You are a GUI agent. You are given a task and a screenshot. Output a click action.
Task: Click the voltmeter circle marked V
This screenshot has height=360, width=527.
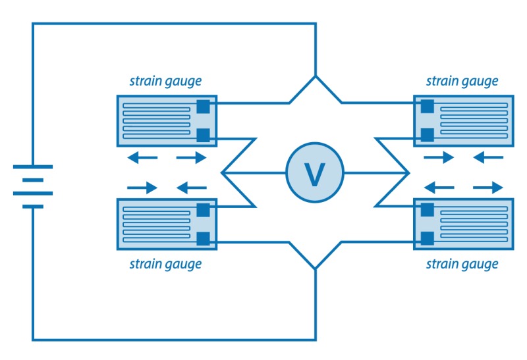pos(315,173)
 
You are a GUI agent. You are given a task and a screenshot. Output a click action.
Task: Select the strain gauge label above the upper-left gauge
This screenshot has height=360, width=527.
pos(165,82)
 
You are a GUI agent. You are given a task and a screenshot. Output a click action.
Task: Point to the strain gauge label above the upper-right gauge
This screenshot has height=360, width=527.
pos(462,82)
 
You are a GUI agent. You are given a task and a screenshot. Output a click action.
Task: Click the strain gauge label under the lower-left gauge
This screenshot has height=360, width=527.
pos(165,264)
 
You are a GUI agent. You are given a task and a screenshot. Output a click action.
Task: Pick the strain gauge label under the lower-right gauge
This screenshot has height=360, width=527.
pos(462,264)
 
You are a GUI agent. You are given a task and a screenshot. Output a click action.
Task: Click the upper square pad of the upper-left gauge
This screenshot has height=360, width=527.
pos(204,105)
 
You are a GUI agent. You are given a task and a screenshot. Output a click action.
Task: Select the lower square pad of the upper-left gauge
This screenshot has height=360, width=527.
pos(204,136)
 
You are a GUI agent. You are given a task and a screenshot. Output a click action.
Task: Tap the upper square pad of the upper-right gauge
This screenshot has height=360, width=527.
pos(427,105)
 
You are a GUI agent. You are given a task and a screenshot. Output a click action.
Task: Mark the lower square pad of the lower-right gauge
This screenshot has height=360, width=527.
pos(427,238)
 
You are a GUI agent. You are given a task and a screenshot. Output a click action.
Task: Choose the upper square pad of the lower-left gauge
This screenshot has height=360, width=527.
pos(204,211)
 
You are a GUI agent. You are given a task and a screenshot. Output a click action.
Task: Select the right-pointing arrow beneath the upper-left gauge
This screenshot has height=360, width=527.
pos(192,157)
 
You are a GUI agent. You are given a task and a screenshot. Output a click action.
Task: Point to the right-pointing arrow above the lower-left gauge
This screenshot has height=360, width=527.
pos(142,188)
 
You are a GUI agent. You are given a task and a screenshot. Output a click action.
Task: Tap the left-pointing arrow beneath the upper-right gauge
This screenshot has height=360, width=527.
pos(488,157)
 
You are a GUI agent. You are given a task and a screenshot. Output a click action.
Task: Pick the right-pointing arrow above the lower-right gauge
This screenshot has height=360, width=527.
pos(488,188)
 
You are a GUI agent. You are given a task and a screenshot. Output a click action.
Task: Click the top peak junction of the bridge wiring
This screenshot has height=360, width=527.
pos(316,77)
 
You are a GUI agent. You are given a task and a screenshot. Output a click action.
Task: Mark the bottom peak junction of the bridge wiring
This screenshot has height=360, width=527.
pos(316,269)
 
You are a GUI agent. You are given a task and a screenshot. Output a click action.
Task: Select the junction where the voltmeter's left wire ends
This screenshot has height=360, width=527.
pos(223,173)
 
